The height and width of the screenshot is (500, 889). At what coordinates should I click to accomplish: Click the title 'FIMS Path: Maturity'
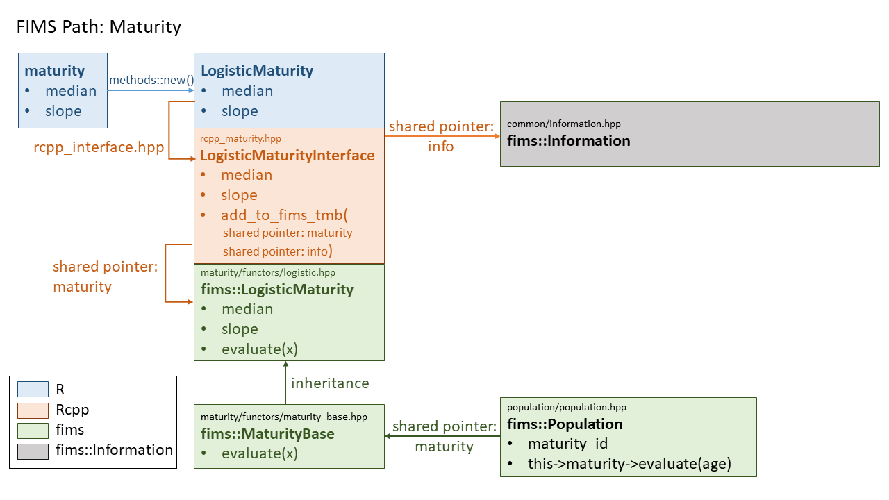coord(98,27)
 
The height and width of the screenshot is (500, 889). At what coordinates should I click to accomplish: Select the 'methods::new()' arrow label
coord(151,80)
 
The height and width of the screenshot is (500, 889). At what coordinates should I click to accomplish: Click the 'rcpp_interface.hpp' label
coord(99,147)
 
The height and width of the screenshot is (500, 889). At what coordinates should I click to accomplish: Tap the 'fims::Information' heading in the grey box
coord(568,141)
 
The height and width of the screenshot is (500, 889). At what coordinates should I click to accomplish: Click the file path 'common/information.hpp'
coord(563,124)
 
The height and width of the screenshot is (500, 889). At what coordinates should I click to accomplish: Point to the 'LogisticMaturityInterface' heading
coord(288,156)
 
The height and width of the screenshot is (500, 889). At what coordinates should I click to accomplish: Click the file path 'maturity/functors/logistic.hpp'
coord(267,273)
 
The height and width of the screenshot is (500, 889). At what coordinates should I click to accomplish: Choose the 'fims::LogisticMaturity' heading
coord(277,290)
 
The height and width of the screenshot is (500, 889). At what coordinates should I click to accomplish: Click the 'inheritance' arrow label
coord(330,383)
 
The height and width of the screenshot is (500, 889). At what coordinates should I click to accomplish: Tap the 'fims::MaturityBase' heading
coord(267,434)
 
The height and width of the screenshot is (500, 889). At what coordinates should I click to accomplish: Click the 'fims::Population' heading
coord(565,424)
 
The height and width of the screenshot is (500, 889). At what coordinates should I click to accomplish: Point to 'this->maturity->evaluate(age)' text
coord(629,464)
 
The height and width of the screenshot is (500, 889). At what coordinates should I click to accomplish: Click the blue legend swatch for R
coord(33,390)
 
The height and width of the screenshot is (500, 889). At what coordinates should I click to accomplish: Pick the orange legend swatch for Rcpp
coord(33,410)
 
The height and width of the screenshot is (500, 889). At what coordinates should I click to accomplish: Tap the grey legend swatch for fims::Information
coord(33,451)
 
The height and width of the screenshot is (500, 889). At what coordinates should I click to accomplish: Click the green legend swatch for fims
coord(33,431)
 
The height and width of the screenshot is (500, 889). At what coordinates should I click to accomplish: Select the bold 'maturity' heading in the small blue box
coord(55,71)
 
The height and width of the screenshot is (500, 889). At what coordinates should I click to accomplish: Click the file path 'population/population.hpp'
coord(566,408)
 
